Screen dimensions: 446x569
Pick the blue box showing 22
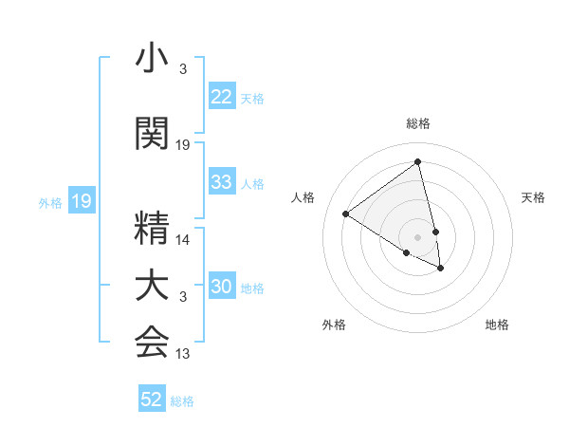point(222,98)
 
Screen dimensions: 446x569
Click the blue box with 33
point(222,183)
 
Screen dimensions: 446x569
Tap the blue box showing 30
point(222,288)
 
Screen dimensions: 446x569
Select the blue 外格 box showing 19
point(81,201)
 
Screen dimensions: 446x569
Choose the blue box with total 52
point(152,400)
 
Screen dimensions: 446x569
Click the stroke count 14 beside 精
point(183,240)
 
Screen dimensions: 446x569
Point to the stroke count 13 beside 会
point(183,354)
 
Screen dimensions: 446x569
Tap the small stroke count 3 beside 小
point(183,69)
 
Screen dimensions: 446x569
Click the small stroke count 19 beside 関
point(183,145)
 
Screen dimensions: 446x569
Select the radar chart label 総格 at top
point(418,123)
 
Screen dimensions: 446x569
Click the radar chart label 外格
point(334,325)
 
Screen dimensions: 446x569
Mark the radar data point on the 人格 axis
point(345,214)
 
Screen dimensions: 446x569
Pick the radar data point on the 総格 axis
point(418,162)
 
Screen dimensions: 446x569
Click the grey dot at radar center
point(417,235)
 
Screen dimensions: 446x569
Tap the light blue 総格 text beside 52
point(183,401)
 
